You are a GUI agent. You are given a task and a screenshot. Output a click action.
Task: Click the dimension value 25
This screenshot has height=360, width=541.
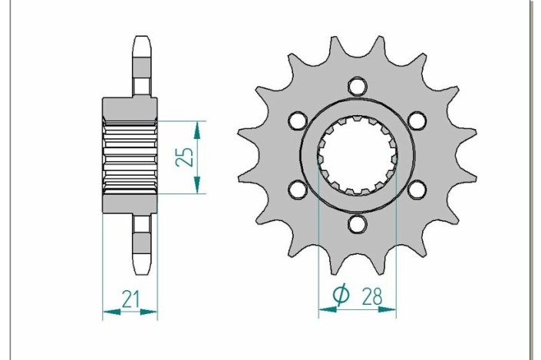(x=185, y=157)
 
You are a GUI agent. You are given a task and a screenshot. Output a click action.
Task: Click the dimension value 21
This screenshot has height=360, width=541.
(x=130, y=299)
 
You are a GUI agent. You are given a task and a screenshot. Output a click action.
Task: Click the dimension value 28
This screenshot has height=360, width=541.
(x=372, y=296)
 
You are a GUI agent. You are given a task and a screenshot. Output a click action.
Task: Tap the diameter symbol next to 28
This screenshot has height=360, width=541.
(x=341, y=295)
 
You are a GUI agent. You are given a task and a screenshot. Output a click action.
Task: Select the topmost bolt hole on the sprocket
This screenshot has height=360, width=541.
(x=357, y=86)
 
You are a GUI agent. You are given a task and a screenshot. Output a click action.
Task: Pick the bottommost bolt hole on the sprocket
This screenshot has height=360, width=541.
(x=357, y=224)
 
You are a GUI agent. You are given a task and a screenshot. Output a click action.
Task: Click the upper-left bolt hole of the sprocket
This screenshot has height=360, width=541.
(x=298, y=120)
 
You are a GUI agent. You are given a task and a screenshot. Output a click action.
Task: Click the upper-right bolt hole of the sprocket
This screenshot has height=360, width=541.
(x=417, y=120)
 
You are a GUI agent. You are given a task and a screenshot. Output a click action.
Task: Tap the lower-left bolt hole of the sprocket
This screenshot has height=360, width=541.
(x=298, y=190)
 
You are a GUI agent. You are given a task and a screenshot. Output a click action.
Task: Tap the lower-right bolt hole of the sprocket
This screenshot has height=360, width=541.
(x=417, y=190)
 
